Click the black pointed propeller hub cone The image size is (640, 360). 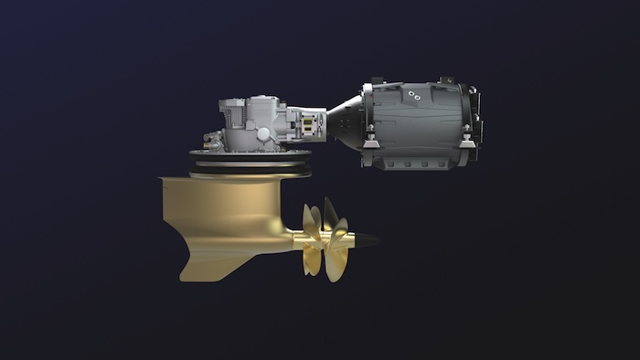tap(367, 241)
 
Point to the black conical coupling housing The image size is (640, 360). tap(345, 122)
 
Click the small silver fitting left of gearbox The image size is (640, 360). tap(210, 141)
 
